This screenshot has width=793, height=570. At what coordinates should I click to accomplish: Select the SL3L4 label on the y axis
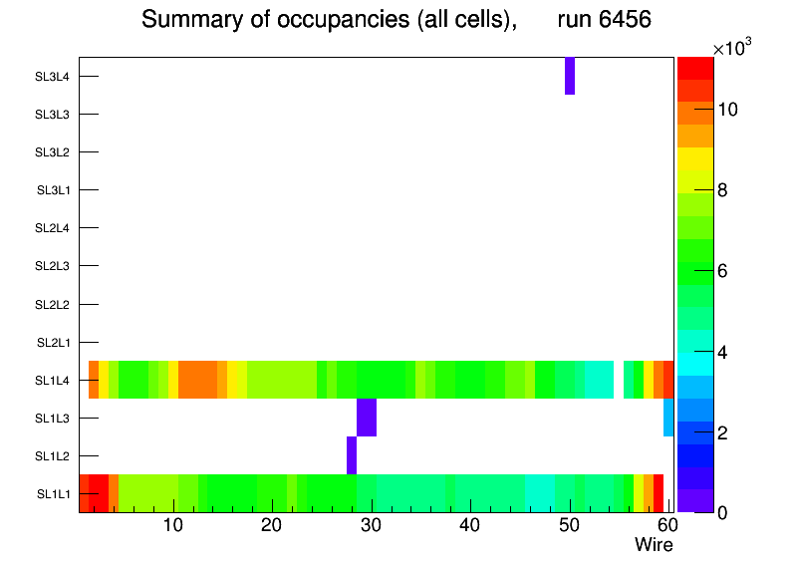click(53, 77)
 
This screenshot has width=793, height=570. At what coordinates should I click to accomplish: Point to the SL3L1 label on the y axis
click(53, 190)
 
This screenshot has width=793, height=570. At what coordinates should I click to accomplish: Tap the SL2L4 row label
click(53, 228)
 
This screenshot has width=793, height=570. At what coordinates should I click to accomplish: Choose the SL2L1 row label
click(53, 343)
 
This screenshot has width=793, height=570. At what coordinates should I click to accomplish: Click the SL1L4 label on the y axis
click(53, 381)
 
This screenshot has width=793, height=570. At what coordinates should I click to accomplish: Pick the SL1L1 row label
click(53, 494)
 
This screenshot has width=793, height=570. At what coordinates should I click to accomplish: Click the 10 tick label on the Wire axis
click(173, 526)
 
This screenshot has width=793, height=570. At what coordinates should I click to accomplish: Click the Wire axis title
click(654, 545)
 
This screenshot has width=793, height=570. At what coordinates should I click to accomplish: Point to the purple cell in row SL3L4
click(570, 76)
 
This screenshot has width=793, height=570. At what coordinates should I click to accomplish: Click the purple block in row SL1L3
click(367, 418)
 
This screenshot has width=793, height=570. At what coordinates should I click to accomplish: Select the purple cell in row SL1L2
click(352, 455)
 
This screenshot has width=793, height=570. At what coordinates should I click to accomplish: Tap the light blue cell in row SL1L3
click(668, 418)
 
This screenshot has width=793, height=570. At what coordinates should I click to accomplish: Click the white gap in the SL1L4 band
click(619, 380)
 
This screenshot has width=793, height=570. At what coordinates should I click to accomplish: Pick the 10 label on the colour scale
click(727, 110)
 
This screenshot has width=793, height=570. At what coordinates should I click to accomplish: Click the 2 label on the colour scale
click(723, 432)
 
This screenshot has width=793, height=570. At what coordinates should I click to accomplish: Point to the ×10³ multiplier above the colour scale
click(735, 49)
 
